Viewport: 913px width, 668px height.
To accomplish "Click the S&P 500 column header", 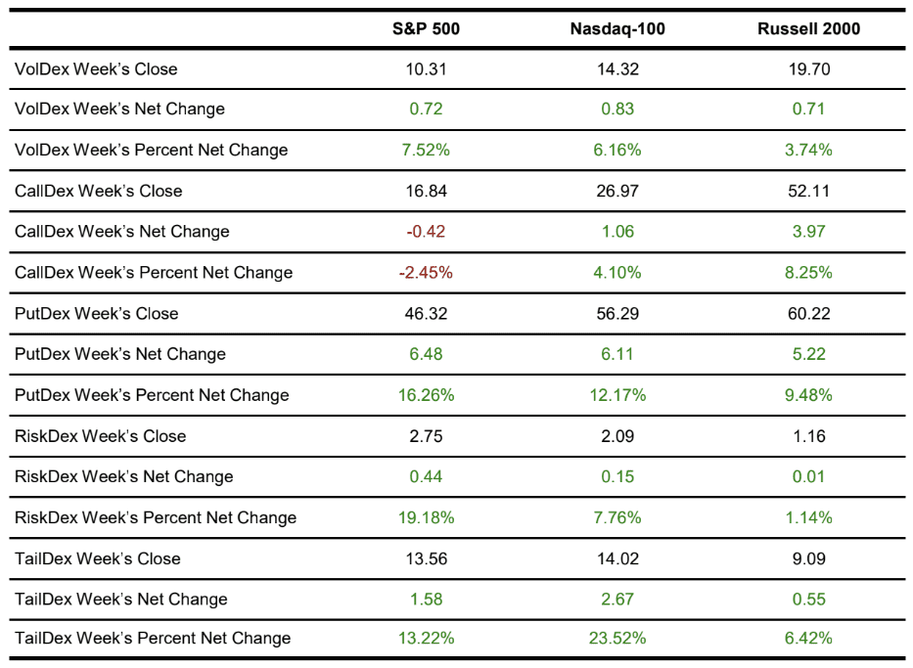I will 426,28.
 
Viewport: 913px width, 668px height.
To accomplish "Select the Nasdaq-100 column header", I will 617,28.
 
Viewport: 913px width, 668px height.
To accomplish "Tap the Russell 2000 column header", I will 808,28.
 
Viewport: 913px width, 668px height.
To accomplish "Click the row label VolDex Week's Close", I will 96,68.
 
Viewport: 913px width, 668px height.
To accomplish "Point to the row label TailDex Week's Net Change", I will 121,600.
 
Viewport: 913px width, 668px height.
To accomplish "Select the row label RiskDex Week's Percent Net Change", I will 156,517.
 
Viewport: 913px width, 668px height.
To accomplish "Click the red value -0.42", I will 426,232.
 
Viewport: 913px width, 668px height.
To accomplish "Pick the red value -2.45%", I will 426,273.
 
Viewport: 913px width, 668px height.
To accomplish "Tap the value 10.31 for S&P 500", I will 426,68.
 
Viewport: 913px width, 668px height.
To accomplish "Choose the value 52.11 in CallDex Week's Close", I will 808,191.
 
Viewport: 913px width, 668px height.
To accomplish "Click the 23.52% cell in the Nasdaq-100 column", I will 617,639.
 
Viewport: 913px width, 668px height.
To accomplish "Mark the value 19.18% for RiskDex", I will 426,517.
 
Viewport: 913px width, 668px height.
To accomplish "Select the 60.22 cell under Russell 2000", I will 808,314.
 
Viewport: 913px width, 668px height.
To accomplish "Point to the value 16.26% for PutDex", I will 426,395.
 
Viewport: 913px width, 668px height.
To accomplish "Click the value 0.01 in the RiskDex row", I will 808,477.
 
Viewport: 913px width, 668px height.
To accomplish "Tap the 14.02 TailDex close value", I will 617,558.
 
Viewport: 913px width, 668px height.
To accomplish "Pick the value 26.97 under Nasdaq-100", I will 617,191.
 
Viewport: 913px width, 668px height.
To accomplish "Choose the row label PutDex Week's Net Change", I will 120,354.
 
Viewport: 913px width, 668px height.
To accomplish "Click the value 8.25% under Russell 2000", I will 808,273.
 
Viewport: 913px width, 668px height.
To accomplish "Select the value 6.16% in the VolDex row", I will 617,150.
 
